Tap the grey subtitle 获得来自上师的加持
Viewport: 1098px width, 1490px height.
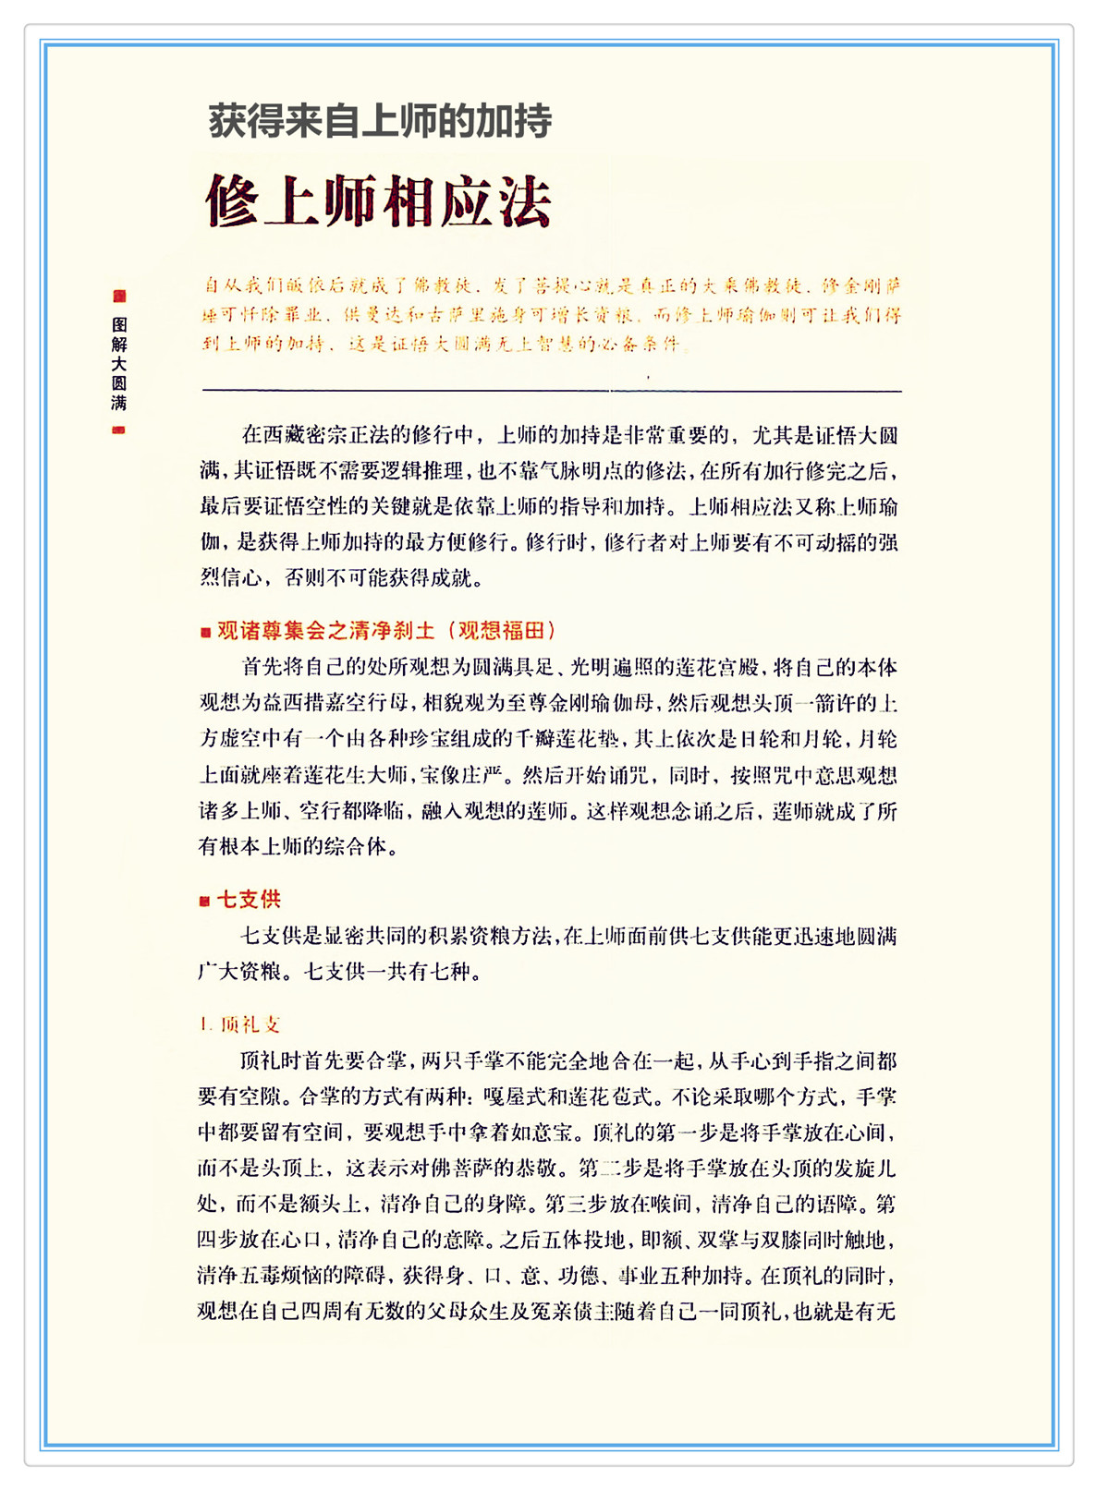pyautogui.click(x=380, y=121)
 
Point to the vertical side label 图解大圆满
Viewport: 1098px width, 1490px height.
pyautogui.click(x=119, y=363)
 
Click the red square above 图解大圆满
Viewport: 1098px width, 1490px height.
pyautogui.click(x=119, y=296)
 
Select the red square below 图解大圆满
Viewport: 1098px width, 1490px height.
pyautogui.click(x=119, y=430)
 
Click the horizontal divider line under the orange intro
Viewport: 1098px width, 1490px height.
pyautogui.click(x=551, y=391)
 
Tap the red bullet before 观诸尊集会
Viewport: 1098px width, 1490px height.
pyautogui.click(x=205, y=633)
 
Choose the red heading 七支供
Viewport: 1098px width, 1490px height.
pyautogui.click(x=249, y=899)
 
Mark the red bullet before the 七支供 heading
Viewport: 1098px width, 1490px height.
pyautogui.click(x=205, y=901)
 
